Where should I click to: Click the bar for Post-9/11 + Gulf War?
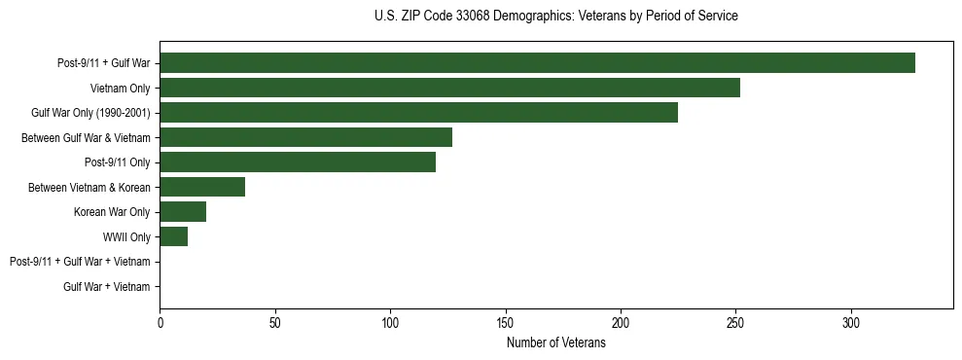click(x=537, y=63)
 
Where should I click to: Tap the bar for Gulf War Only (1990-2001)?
click(x=418, y=113)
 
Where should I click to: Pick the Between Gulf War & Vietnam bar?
click(x=305, y=137)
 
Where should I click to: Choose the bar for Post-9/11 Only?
click(x=298, y=162)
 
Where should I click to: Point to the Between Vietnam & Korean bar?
click(x=202, y=187)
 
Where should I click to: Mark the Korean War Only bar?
click(x=183, y=212)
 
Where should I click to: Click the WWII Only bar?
click(x=173, y=236)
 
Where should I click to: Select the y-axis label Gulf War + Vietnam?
click(x=107, y=287)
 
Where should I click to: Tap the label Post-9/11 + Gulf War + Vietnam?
click(x=80, y=262)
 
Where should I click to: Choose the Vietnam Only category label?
click(x=121, y=89)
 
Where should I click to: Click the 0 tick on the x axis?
click(x=160, y=322)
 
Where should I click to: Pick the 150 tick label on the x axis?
click(x=506, y=322)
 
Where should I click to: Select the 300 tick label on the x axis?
click(x=851, y=322)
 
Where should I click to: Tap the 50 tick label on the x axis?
click(x=275, y=322)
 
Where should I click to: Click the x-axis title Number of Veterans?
click(x=555, y=342)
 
